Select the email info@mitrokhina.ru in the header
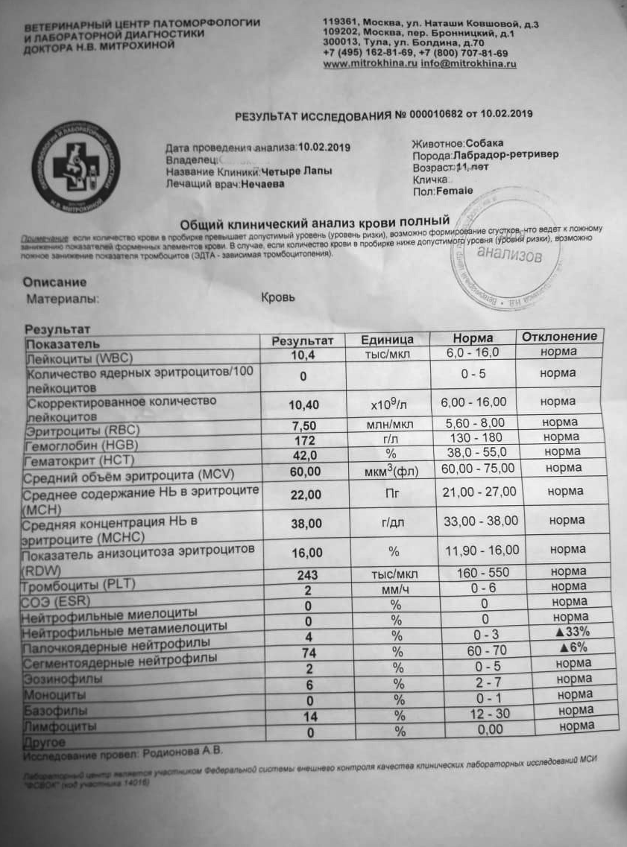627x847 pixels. coord(469,64)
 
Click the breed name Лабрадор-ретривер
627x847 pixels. coord(505,155)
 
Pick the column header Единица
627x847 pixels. coord(387,340)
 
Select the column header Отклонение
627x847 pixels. coord(558,337)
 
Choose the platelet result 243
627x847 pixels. coord(306,575)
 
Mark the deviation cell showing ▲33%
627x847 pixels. coord(567,632)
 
